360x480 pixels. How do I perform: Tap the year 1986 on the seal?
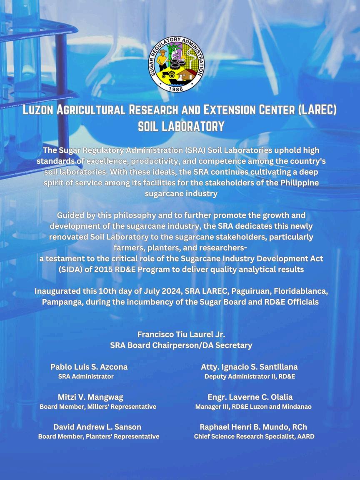177,88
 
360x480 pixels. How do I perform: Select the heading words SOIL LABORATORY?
181,126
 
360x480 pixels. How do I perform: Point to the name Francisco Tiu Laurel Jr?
181,335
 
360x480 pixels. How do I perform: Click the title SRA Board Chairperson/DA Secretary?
181,345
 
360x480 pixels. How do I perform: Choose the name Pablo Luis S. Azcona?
89,367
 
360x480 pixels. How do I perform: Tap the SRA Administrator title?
86,377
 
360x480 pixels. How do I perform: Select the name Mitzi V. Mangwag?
90,397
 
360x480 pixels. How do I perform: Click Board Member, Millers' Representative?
98,407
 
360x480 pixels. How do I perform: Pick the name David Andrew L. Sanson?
97,427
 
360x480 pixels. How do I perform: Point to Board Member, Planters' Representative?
99,437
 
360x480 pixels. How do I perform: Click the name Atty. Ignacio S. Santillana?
249,367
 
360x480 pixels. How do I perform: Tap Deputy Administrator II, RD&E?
250,377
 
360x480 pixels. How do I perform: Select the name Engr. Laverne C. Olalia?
250,397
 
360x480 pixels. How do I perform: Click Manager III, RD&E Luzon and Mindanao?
253,407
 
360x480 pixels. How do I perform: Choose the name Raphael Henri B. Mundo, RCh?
253,427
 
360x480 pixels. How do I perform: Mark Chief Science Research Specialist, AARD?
254,437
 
